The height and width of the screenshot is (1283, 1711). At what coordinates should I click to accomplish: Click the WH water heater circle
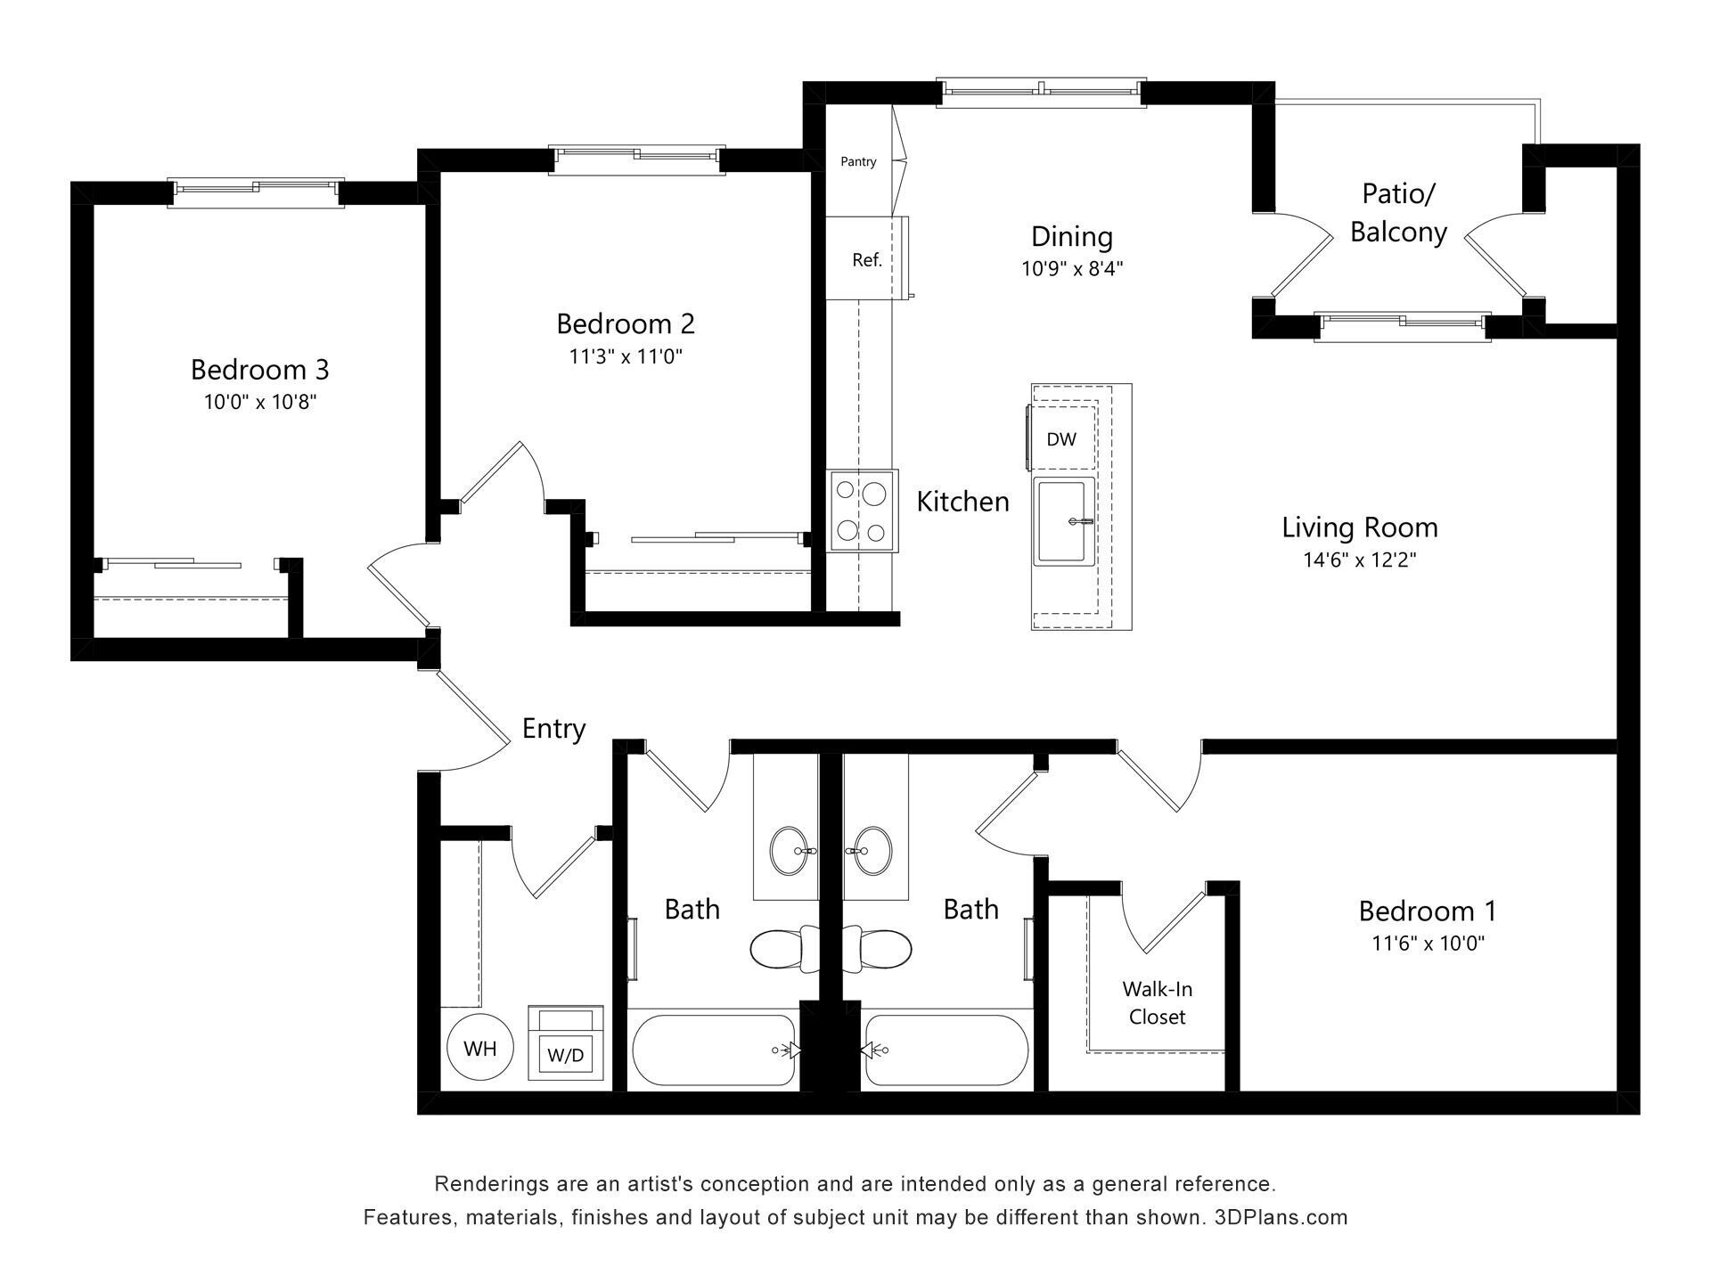click(480, 1048)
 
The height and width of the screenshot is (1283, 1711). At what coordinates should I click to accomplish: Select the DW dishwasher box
click(1060, 438)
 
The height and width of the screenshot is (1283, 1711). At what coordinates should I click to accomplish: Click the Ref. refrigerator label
click(866, 260)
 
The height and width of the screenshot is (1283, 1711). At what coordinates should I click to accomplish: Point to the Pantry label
click(858, 161)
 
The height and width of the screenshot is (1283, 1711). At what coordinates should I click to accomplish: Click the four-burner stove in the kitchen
click(862, 511)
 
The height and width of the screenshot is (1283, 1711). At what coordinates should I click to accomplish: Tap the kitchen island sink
click(1065, 521)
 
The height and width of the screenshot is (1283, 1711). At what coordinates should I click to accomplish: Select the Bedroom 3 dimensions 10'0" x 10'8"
click(260, 402)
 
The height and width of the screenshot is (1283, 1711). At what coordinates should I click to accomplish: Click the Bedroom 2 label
click(626, 323)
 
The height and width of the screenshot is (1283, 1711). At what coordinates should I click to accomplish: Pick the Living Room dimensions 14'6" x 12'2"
click(1359, 560)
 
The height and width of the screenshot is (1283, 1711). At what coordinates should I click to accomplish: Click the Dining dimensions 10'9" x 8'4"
click(1072, 268)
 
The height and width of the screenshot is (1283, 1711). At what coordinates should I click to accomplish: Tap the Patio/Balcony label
click(1397, 212)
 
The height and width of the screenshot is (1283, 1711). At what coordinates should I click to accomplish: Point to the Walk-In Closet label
click(1157, 1002)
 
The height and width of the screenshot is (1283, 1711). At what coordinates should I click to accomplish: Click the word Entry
click(553, 728)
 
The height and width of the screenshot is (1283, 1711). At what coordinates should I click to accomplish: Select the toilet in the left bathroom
click(782, 949)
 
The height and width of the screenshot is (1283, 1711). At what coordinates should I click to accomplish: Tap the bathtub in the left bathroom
click(713, 1050)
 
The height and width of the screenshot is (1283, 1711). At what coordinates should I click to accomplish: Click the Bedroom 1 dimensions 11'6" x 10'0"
click(1428, 943)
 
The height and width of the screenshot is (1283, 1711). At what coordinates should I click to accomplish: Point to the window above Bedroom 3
click(257, 190)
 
